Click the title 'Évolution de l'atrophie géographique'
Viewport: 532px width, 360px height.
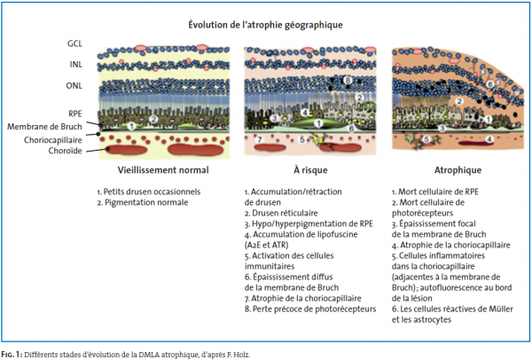[265, 25]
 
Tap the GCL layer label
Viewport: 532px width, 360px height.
[74, 43]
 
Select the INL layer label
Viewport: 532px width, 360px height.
[76, 64]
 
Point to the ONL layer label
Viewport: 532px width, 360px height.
[74, 85]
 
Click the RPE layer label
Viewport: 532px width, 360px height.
[75, 113]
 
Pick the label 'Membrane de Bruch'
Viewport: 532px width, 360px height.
[45, 127]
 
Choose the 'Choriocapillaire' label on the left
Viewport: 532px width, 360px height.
[53, 140]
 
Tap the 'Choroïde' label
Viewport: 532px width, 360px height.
[65, 151]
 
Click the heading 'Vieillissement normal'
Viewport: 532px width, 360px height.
[163, 170]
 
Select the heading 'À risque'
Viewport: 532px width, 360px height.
[310, 169]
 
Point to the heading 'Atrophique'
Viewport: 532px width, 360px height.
[458, 170]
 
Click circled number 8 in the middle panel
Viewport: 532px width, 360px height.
[347, 81]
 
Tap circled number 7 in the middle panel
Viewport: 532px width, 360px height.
[260, 139]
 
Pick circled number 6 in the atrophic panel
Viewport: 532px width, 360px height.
[489, 84]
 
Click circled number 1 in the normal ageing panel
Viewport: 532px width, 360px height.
[131, 126]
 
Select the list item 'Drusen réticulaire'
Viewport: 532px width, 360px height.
[281, 213]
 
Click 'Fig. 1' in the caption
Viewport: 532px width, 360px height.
[12, 355]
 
